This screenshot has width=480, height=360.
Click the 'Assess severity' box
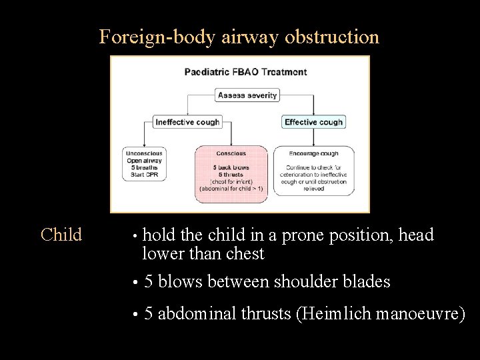[247, 95]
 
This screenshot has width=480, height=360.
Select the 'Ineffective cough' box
[187, 122]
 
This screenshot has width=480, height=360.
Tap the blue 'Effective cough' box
[313, 122]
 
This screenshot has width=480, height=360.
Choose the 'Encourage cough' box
[313, 171]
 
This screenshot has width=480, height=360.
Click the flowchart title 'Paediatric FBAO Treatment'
[245, 72]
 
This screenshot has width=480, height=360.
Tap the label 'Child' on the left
[61, 235]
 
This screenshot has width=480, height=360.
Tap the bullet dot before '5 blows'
[135, 283]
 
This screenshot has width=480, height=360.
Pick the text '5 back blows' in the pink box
[231, 167]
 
